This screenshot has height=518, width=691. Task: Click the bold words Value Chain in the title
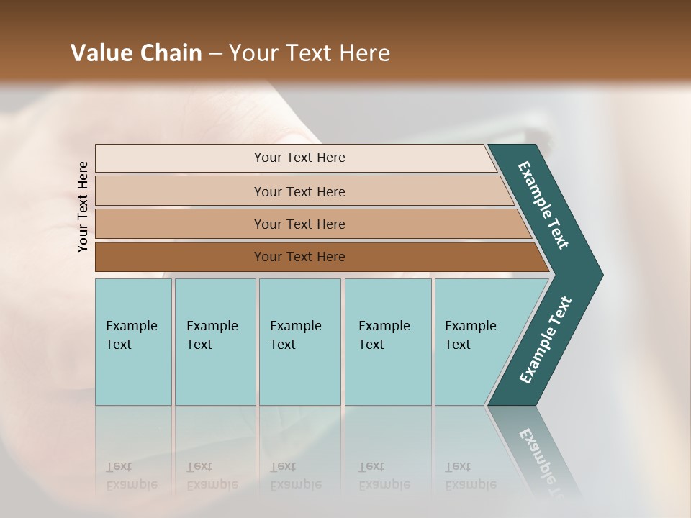136,53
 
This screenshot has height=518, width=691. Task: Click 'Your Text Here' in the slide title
310,53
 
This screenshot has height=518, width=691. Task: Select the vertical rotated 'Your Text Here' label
83,206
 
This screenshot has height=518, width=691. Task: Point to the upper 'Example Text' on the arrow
543,205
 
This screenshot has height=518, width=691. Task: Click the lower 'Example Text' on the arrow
546,340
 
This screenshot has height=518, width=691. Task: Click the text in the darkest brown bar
299,257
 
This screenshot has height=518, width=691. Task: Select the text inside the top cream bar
299,158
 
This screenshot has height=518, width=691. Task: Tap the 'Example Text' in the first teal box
131,335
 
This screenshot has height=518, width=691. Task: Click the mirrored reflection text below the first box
131,476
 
